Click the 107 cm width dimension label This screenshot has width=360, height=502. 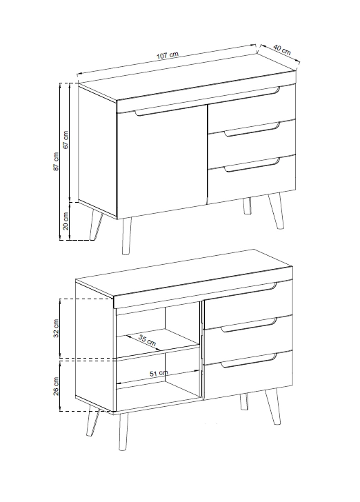coord(167,55)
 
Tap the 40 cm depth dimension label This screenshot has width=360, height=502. coord(282,50)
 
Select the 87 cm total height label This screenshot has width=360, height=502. coord(56,161)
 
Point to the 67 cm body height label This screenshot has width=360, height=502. coord(66,139)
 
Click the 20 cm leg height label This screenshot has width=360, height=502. coord(66,221)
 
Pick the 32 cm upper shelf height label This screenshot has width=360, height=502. coord(56,328)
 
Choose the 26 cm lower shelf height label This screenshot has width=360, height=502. coord(56,386)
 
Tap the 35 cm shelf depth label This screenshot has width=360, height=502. coord(148,340)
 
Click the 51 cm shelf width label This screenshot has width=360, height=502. coord(159,373)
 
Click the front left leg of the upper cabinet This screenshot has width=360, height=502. coord(126,237)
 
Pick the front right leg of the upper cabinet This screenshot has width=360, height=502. coord(276,211)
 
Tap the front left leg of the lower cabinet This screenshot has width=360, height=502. coord(123,432)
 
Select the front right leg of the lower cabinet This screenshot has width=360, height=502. coord(273,407)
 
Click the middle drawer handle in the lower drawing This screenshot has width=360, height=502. coord(249,325)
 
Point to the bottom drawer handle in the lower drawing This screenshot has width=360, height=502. coord(249,361)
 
